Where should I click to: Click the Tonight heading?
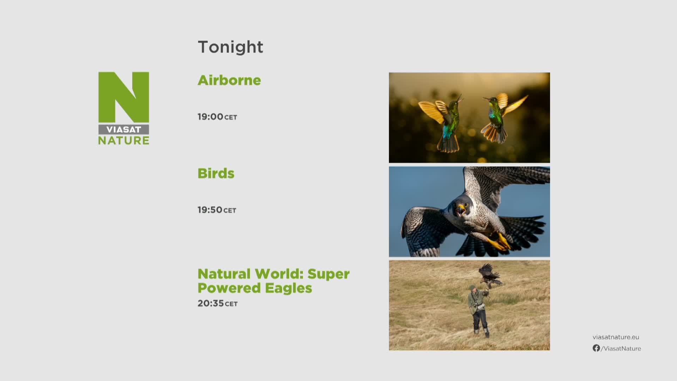click(x=230, y=47)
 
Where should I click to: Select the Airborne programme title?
click(x=229, y=80)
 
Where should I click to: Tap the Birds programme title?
click(x=216, y=173)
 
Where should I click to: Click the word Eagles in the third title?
click(x=288, y=288)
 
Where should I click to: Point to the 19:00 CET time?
click(x=217, y=117)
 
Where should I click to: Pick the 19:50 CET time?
click(x=217, y=210)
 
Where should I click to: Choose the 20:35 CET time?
click(x=218, y=303)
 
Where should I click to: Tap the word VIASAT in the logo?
click(x=123, y=129)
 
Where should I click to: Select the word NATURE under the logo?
click(x=124, y=140)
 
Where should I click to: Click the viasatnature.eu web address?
click(x=616, y=337)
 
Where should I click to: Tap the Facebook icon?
click(x=596, y=348)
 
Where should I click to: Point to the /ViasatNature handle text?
click(x=621, y=349)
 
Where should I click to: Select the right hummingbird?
click(x=501, y=118)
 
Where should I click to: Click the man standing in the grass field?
click(x=478, y=310)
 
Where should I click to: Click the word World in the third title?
click(x=279, y=274)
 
